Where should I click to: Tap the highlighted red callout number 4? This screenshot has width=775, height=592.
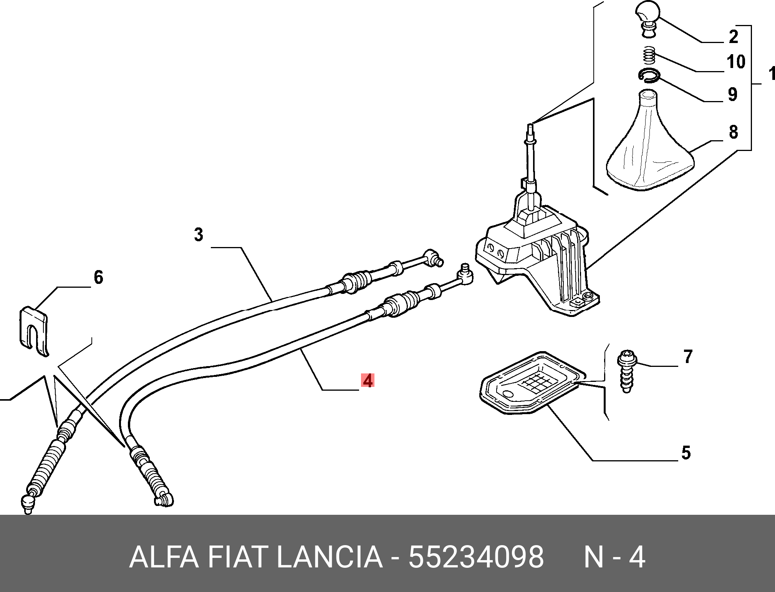click(368, 381)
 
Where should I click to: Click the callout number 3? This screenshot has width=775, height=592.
click(198, 235)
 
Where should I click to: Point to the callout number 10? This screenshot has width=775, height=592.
click(736, 61)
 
